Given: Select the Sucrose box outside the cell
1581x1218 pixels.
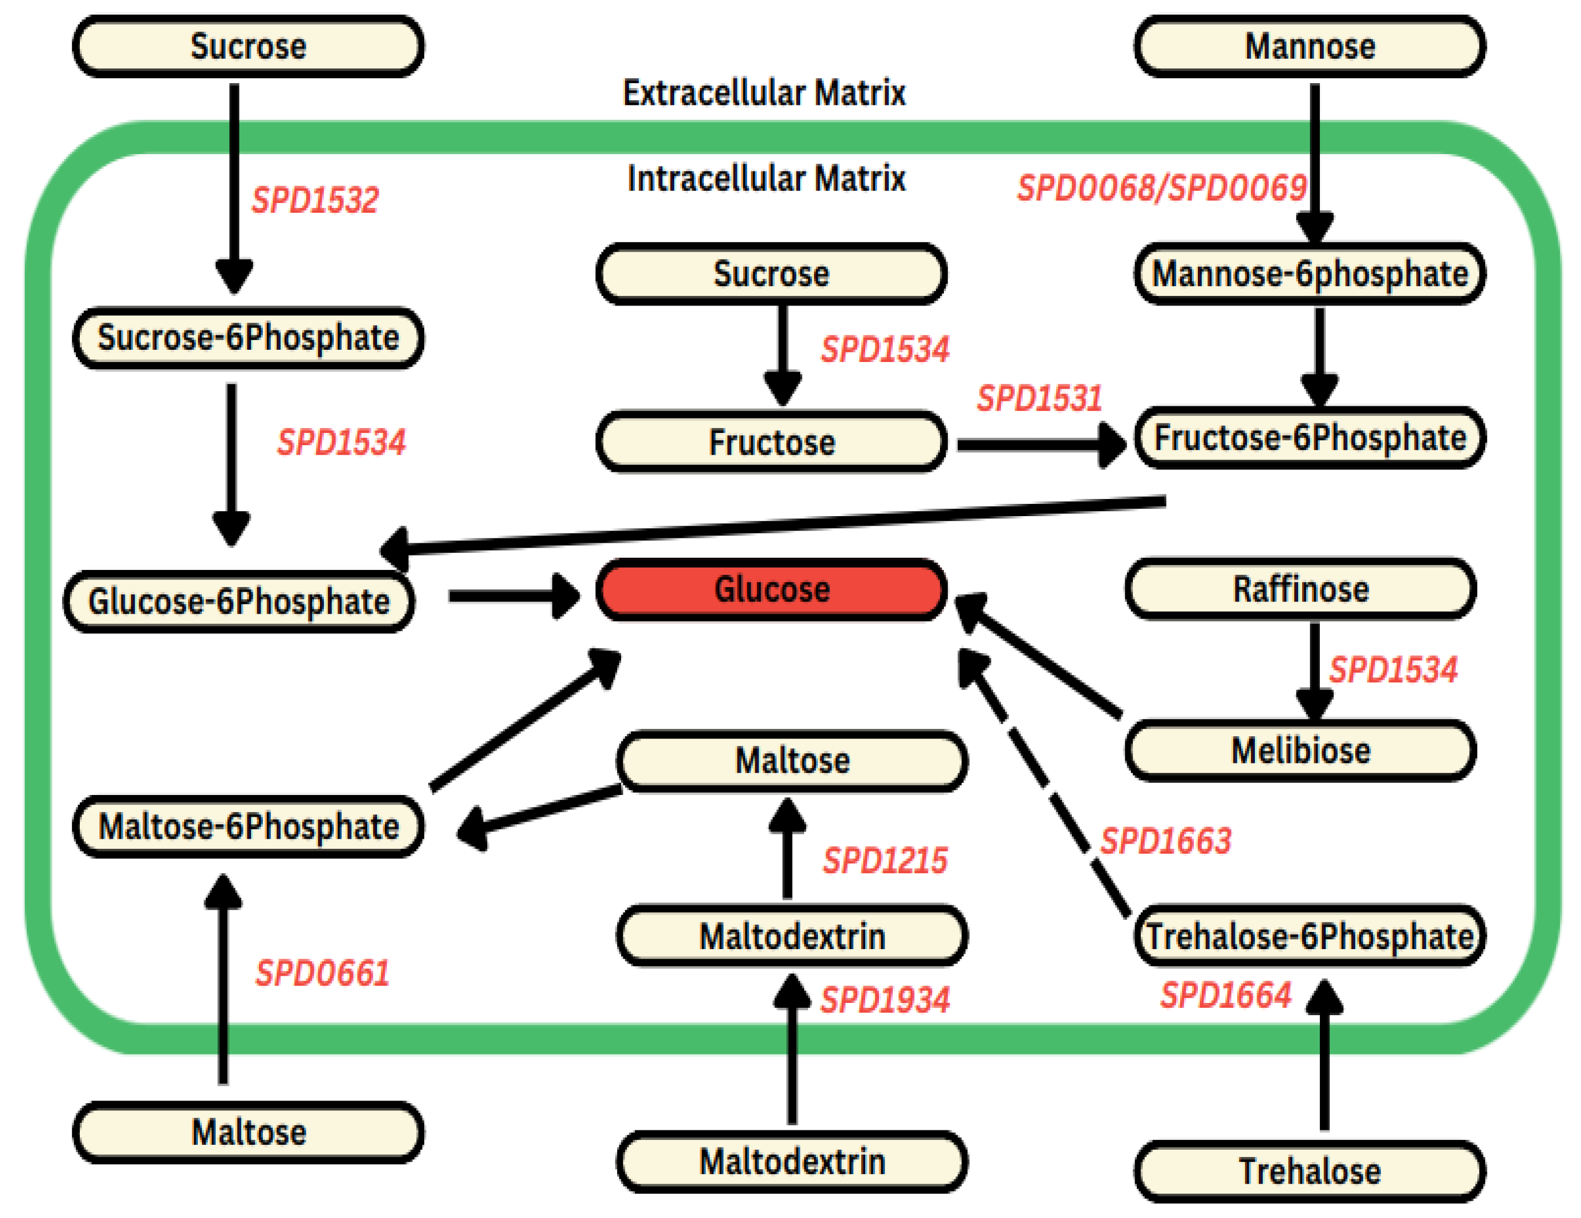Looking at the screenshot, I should tap(248, 47).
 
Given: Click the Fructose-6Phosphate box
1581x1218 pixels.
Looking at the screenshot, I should tap(1309, 438).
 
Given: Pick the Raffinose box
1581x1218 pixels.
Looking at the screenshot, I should tap(1301, 589).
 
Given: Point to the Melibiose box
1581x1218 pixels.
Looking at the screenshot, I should tap(1301, 751).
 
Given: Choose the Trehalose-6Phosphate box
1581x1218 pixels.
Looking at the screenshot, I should tap(1309, 936).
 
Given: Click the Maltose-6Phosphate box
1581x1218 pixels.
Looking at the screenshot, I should tap(248, 827).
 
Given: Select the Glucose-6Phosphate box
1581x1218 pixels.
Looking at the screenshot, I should tap(239, 602).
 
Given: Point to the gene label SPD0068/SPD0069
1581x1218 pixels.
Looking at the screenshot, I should tap(1161, 188).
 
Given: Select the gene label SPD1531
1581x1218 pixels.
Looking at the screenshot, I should tap(1040, 398).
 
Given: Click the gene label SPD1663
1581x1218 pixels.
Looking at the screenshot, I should tap(1166, 841).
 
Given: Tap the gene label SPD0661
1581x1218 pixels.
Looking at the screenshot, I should tap(322, 972).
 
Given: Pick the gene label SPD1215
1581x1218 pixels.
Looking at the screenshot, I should tap(884, 860).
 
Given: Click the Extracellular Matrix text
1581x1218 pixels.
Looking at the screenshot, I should tap(764, 93).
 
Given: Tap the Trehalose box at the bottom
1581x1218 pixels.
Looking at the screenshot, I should tap(1309, 1171).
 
